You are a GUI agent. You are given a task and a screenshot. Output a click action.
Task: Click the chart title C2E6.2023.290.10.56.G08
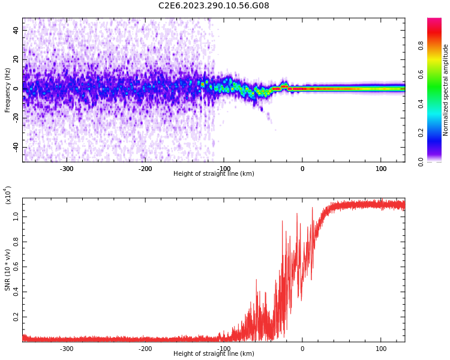(x=214, y=6)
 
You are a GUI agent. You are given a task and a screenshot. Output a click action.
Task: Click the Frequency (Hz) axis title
(x=8, y=90)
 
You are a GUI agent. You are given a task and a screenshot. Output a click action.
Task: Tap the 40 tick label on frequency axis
(x=16, y=30)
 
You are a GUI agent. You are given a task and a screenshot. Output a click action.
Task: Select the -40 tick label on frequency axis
(x=14, y=147)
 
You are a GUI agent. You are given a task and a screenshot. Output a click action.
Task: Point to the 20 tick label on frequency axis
(x=16, y=59)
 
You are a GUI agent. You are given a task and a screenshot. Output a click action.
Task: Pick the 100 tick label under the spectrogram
(x=380, y=169)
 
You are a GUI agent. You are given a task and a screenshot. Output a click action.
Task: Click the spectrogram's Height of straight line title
(x=214, y=174)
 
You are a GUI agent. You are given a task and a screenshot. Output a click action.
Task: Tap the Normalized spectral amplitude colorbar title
(x=446, y=90)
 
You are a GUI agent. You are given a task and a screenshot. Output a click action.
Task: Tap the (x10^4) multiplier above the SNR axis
(x=8, y=196)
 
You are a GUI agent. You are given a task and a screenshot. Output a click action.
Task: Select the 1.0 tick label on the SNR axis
(x=16, y=217)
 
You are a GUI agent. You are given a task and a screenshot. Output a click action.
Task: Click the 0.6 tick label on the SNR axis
(x=16, y=267)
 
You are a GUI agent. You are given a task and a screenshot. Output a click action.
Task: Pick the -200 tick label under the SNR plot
(x=145, y=349)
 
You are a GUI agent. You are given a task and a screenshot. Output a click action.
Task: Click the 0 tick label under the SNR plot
(x=302, y=349)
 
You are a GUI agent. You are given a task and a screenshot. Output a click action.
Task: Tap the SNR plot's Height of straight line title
(x=214, y=354)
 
